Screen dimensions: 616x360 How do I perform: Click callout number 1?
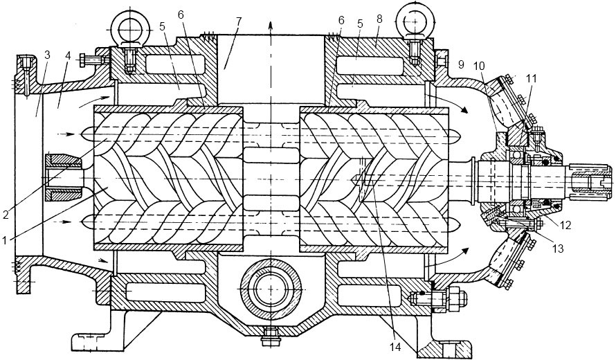(5, 240)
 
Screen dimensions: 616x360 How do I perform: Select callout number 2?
(5, 215)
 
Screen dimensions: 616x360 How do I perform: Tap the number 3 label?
(48, 55)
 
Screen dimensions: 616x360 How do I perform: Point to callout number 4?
(68, 55)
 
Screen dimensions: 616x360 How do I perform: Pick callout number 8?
(379, 19)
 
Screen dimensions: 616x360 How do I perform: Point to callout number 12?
(565, 225)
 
